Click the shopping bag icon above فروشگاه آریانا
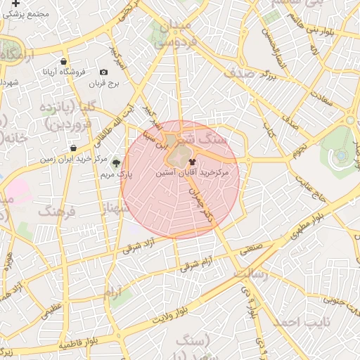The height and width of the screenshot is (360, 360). click(65, 61)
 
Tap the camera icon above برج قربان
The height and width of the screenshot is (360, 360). click(104, 72)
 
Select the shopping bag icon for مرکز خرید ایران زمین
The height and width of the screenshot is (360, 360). click(74, 148)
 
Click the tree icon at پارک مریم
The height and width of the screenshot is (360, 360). click(116, 162)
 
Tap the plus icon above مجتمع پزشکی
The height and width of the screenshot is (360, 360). click(15, 4)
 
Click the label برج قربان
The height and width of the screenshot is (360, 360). click(105, 84)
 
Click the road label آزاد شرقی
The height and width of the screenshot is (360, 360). click(141, 243)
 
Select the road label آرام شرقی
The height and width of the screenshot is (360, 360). click(197, 264)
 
